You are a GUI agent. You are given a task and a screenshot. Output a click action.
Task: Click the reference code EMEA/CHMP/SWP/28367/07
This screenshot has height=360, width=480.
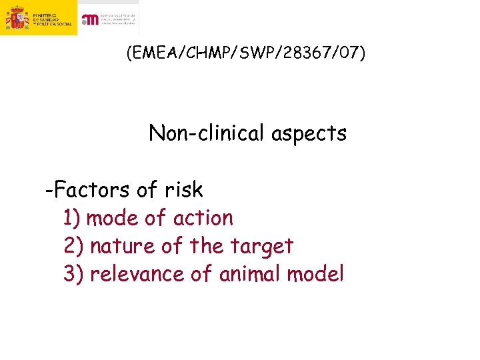(245, 53)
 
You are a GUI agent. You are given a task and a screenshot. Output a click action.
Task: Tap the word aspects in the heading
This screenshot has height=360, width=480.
(309, 133)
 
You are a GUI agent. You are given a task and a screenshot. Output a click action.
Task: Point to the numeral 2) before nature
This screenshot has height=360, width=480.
(73, 246)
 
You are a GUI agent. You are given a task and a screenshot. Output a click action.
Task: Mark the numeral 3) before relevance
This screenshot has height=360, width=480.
(73, 274)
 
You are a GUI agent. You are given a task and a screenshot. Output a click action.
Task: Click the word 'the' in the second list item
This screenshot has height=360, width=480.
(206, 246)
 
